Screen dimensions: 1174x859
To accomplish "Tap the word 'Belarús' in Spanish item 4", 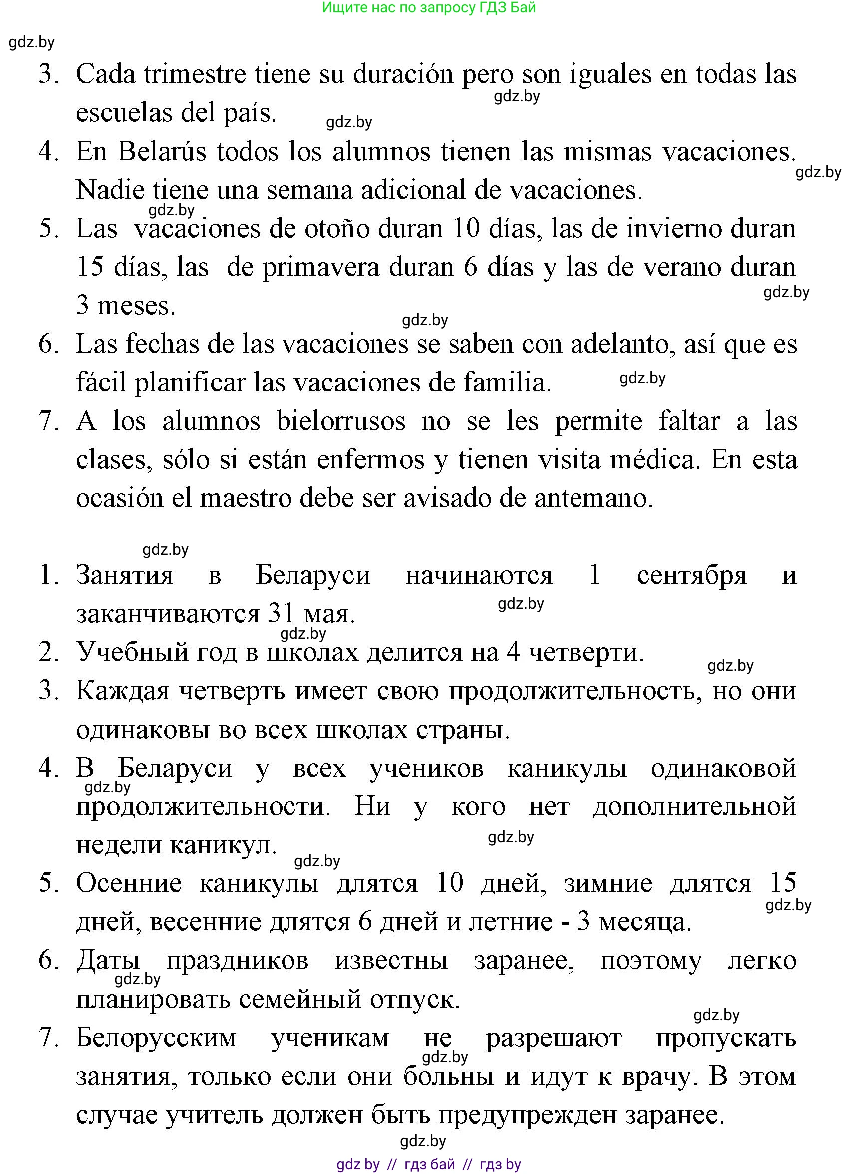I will pos(162,152).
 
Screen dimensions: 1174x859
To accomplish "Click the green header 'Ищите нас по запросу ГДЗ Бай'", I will pos(429,8).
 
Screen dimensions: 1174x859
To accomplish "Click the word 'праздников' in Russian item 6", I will pos(237,961).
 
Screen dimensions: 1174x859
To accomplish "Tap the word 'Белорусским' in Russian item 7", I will pos(156,1038).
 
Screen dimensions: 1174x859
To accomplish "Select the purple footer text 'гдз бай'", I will pos(429,1164).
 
